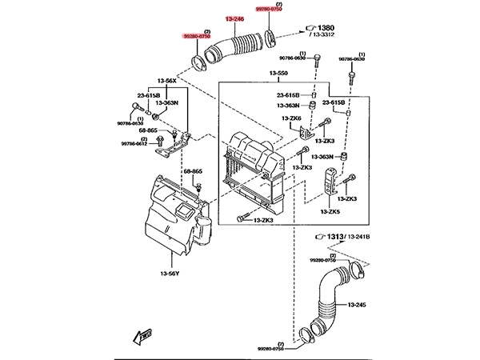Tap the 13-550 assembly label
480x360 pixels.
[x=279, y=74]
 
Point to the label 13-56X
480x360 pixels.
[x=166, y=81]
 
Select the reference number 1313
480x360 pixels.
[x=334, y=237]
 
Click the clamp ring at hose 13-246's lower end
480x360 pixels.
[x=198, y=61]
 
